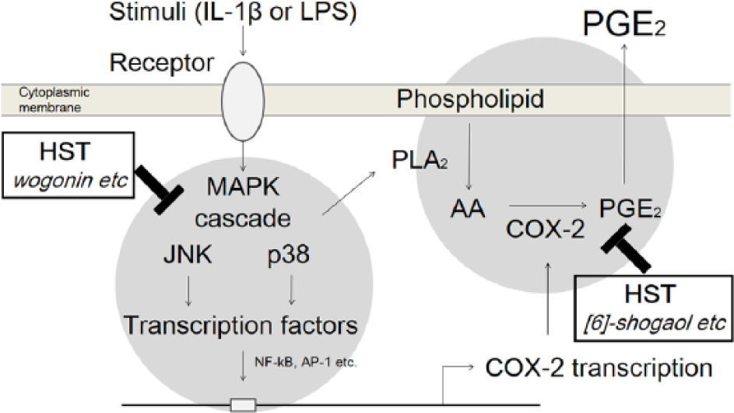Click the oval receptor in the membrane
pos(243,101)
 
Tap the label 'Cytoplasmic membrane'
pos(54,100)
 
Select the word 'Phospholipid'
pos(470,100)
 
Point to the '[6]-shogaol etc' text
pos(655,323)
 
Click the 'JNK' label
pos(188,255)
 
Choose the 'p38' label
pos(288,256)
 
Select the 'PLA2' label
pos(420,161)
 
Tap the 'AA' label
pos(468,209)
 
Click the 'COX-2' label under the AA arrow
pos(546,230)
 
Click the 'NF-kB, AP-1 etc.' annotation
pos(306,362)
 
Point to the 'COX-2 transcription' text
pos(599,368)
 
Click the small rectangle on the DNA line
pos(243,404)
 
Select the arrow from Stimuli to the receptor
pos(243,40)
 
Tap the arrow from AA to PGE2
pos(548,205)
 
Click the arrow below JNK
pos(188,291)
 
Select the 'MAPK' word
pos(243,186)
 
